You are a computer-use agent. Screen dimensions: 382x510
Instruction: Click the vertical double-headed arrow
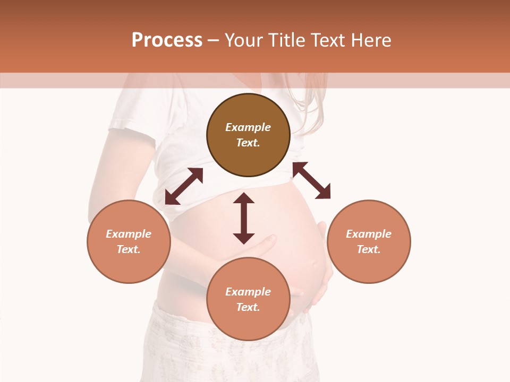[x=244, y=218]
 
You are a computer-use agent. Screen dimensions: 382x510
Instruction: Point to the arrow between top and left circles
[x=184, y=186]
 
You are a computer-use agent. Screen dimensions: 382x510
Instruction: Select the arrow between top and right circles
[x=311, y=180]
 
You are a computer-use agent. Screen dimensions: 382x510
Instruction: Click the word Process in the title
[x=167, y=40]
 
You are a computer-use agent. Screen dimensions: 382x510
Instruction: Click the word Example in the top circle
[x=248, y=127]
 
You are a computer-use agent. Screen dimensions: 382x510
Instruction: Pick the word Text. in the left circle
[x=129, y=249]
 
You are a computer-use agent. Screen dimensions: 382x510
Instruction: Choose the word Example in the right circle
[x=369, y=234]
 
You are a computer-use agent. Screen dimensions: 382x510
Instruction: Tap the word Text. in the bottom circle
[x=248, y=307]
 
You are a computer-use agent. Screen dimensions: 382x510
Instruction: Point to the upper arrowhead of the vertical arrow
[x=244, y=198]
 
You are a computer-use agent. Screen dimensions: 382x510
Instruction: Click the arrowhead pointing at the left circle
[x=171, y=199]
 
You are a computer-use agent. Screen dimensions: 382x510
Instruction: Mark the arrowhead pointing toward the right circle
[x=324, y=193]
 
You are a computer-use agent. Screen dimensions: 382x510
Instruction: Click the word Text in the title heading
[x=328, y=40]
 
